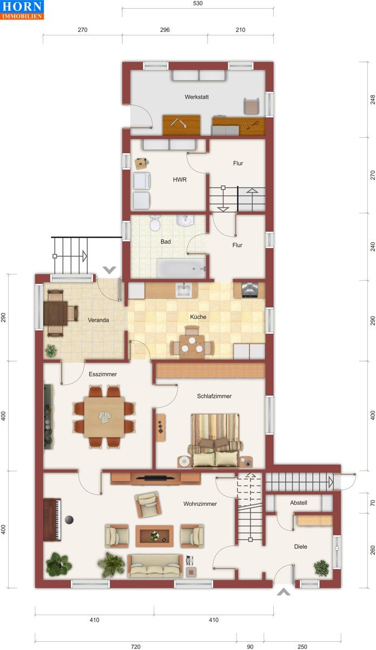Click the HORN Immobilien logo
(x=22, y=10)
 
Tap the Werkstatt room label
(x=196, y=97)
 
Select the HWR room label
(x=180, y=180)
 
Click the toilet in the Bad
(x=155, y=223)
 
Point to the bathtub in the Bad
(x=181, y=269)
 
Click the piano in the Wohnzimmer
(x=52, y=519)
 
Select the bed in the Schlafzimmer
(x=215, y=441)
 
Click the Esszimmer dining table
(x=104, y=417)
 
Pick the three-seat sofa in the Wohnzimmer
(x=155, y=566)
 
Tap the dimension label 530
(x=197, y=3)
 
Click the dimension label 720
(x=136, y=647)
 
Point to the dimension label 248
(x=373, y=100)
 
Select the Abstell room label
(x=299, y=503)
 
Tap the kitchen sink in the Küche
(x=183, y=290)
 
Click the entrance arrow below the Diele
(x=283, y=592)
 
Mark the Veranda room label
(x=98, y=320)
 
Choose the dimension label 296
(x=164, y=30)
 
